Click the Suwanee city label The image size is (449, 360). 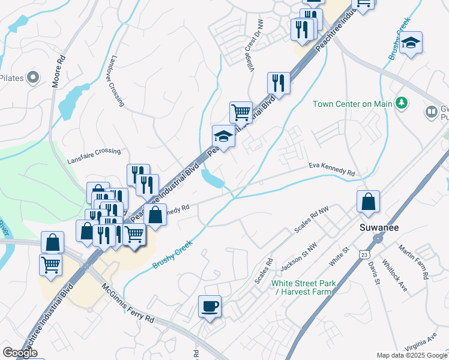[379, 227]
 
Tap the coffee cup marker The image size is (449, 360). [209, 306]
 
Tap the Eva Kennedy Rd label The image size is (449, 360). [331, 169]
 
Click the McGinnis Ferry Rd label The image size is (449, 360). [127, 304]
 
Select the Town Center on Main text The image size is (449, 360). [352, 104]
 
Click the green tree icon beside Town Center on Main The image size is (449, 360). [402, 104]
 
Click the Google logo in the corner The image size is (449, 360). [20, 353]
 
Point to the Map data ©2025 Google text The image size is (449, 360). [411, 355]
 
